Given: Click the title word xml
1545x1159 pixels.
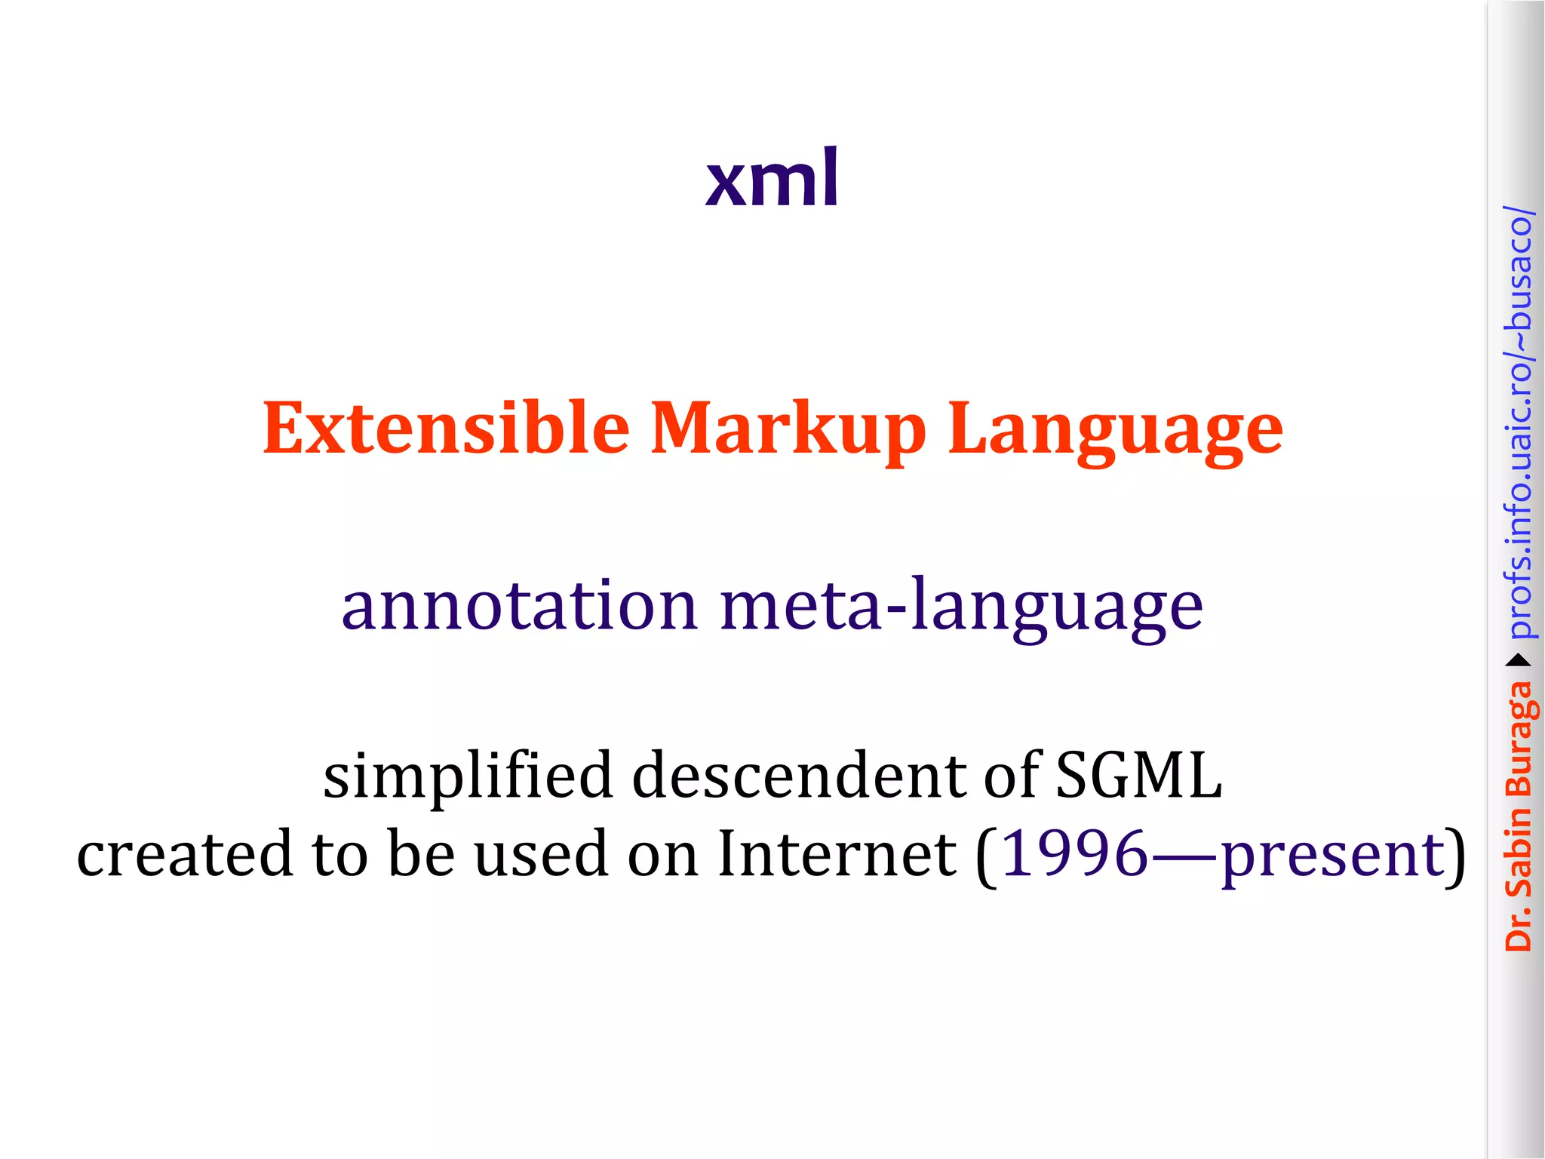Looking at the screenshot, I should tap(772, 178).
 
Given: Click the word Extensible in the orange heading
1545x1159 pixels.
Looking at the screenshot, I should tap(446, 429).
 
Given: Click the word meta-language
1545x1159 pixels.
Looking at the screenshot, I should tap(961, 607).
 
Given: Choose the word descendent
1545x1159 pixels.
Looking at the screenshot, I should tap(799, 776).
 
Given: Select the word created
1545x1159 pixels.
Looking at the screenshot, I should tap(184, 853).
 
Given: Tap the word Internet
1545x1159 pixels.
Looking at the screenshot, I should tap(837, 853).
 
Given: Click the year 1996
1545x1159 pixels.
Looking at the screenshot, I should tap(1075, 853).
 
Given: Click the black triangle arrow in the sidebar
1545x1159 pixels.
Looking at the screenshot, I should tap(1519, 661).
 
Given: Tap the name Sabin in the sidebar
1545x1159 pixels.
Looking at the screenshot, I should tap(1519, 853).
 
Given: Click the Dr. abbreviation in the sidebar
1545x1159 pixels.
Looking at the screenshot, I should tap(1519, 929).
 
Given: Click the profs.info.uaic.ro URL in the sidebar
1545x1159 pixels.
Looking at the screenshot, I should tap(1519, 423).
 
